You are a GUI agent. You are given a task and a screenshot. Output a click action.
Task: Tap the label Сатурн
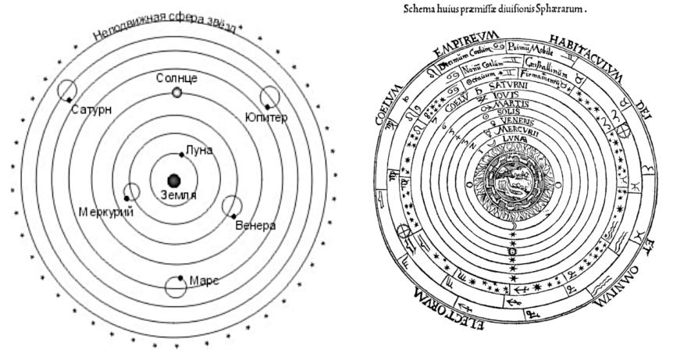pyautogui.click(x=91, y=109)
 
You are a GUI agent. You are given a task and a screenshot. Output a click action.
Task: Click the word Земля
pyautogui.click(x=179, y=193)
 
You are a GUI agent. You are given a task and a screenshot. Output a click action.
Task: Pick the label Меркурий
pyautogui.click(x=106, y=212)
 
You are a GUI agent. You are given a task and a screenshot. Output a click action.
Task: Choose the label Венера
pyautogui.click(x=255, y=226)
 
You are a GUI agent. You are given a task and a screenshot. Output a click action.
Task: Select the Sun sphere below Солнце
pyautogui.click(x=177, y=93)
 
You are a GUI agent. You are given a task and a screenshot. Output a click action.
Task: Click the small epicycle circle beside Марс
pyautogui.click(x=176, y=287)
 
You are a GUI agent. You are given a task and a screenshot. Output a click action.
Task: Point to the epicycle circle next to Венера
pyautogui.click(x=232, y=207)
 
